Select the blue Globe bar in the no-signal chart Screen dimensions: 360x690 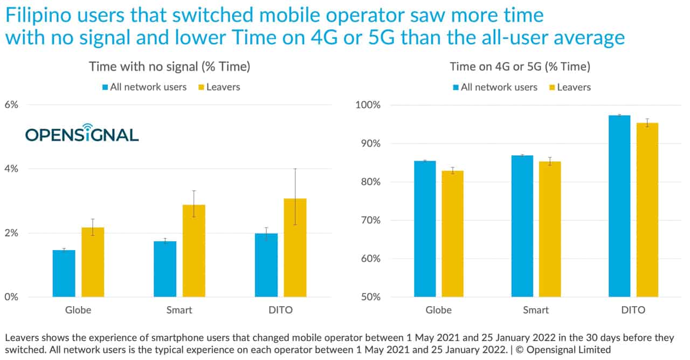pyautogui.click(x=64, y=273)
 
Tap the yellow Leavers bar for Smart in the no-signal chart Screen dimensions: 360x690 pyautogui.click(x=194, y=251)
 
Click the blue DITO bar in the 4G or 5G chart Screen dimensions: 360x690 pyautogui.click(x=619, y=206)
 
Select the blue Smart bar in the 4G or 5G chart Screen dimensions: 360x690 pyautogui.click(x=522, y=226)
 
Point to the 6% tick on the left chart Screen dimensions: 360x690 pyautogui.click(x=11, y=105)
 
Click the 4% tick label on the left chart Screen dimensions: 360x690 pyautogui.click(x=11, y=169)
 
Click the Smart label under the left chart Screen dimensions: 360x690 pyautogui.click(x=179, y=310)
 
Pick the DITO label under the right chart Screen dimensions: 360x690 pyautogui.click(x=633, y=310)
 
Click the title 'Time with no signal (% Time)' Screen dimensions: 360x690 pyautogui.click(x=169, y=67)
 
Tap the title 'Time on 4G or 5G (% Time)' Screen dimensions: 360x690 pyautogui.click(x=520, y=67)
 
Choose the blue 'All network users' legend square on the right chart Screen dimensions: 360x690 pyautogui.click(x=456, y=87)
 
